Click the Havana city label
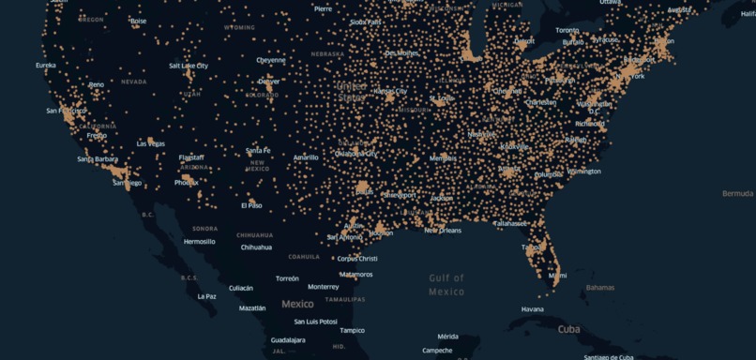tap(532, 308)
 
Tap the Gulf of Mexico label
tap(446, 284)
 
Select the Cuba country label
tap(568, 329)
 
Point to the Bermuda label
tap(737, 193)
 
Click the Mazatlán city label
tap(252, 307)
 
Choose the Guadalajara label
tap(287, 339)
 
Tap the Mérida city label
tap(448, 337)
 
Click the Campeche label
tap(437, 351)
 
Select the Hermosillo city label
tap(199, 241)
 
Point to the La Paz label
tap(207, 296)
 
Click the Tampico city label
tap(353, 330)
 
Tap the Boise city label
tap(139, 21)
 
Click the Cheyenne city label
tap(271, 60)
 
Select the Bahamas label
tap(599, 287)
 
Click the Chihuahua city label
tap(256, 247)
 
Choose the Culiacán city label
tap(241, 288)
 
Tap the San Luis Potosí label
tap(315, 322)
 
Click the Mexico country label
tap(297, 304)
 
